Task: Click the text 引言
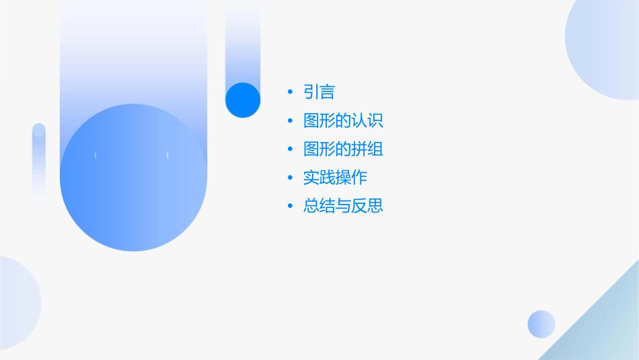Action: tap(319, 92)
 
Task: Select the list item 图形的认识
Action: tap(343, 121)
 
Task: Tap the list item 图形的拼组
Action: tap(343, 149)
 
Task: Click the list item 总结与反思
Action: tap(343, 206)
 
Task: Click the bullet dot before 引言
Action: tap(290, 92)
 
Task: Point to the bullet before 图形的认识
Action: tap(290, 121)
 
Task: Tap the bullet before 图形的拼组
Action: tap(290, 149)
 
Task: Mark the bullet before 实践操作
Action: tap(290, 178)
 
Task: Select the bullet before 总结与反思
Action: tap(290, 206)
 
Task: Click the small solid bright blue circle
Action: tap(243, 100)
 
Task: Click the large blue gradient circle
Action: tap(133, 178)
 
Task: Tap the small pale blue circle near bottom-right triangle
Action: tap(541, 324)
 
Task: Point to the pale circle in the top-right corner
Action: tap(605, 47)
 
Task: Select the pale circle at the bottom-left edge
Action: tap(17, 303)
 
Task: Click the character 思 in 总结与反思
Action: tap(375, 206)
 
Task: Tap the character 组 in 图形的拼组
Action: tap(375, 149)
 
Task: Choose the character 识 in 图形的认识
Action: tap(375, 121)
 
